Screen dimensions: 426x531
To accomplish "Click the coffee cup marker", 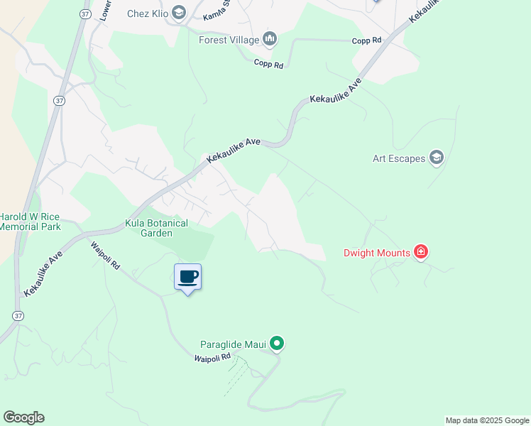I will coord(187,278).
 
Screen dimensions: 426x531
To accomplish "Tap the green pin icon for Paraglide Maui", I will coord(278,344).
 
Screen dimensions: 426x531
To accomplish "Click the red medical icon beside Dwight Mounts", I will coord(421,252).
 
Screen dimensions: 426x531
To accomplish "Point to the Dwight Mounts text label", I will coord(377,253).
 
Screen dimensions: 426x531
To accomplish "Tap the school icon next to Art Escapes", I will coord(436,158).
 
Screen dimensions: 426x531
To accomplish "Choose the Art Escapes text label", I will coord(399,158).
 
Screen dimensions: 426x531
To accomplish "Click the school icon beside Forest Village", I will coord(269,38).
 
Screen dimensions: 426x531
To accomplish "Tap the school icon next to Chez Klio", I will coord(178,12).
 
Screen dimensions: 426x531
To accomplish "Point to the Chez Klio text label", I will coord(147,13).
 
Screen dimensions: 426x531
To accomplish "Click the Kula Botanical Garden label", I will coord(156,228).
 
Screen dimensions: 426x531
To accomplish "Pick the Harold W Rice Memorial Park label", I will coord(30,222).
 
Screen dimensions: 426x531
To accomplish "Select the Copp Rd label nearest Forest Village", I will coord(269,65).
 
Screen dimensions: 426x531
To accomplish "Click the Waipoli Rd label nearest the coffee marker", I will coord(105,255).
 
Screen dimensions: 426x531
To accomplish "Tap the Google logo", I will coord(23,417).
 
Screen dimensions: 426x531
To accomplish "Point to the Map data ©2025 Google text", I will coord(487,420).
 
